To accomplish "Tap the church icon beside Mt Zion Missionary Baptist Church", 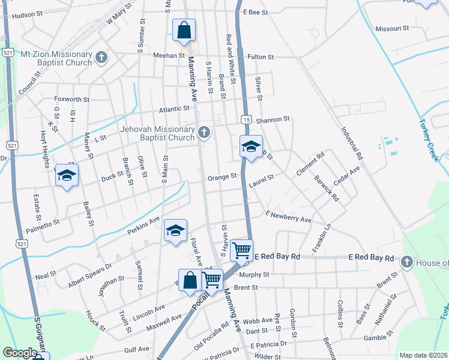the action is tap(101, 58).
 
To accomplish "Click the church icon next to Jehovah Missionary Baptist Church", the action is tap(205, 133).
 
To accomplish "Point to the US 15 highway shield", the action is tap(247, 119).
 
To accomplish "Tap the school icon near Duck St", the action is tap(67, 176).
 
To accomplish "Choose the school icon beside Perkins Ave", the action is tap(175, 231).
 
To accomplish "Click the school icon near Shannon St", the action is tap(251, 146).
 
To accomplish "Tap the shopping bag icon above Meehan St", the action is tap(184, 30).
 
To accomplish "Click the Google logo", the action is tap(20, 353).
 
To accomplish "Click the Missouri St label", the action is tap(391, 28).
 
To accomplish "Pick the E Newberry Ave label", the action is tap(288, 217).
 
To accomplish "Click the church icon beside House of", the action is tap(406, 262).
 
